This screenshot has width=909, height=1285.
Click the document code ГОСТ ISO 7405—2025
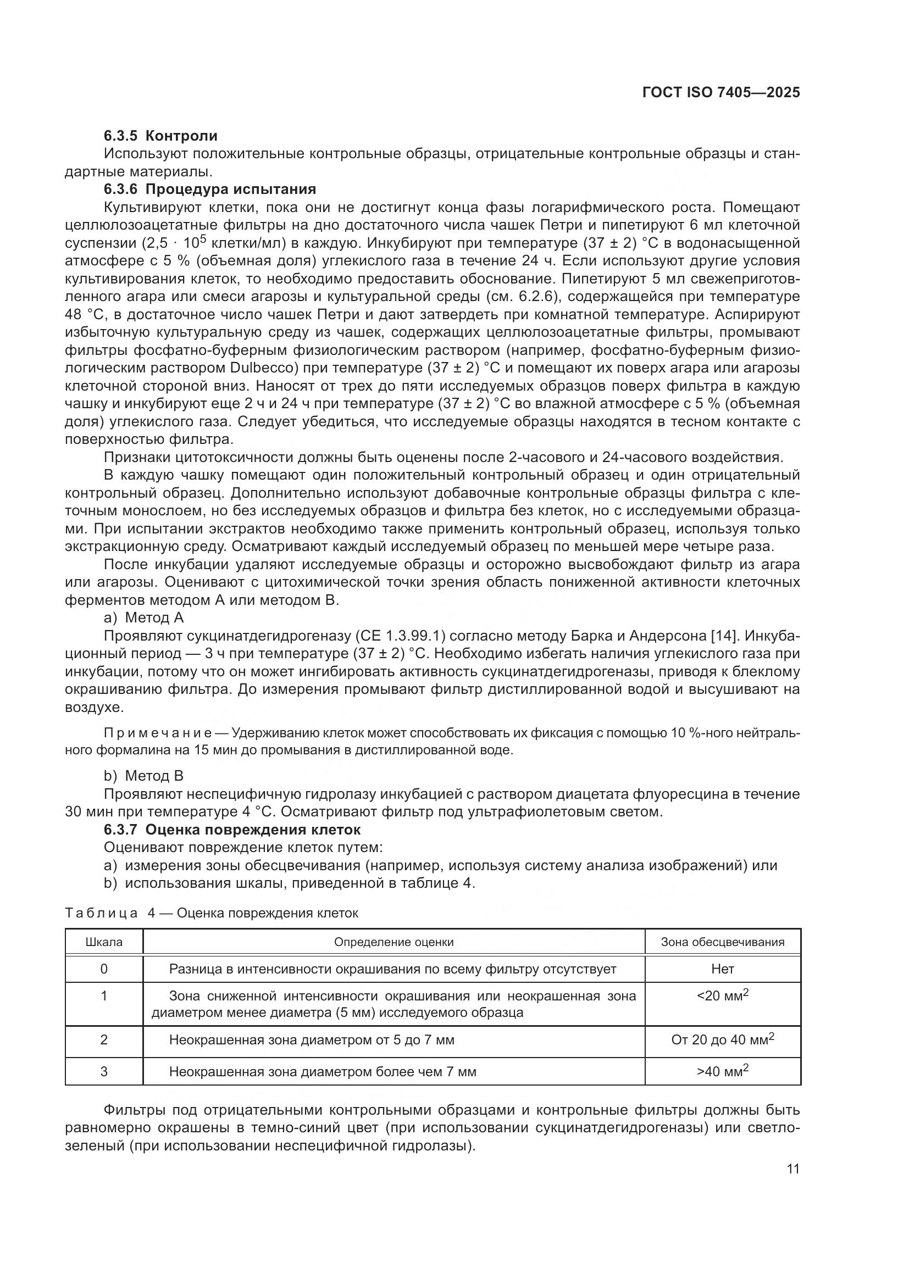(721, 92)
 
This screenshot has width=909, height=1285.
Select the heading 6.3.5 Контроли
(160, 136)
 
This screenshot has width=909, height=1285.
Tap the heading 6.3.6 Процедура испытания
(210, 188)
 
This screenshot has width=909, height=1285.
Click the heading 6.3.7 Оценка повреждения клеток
(232, 830)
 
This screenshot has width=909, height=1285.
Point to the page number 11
(792, 1169)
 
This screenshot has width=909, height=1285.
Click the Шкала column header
(104, 942)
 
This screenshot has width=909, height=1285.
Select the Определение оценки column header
(393, 942)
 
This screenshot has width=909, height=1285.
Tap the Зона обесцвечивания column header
(722, 942)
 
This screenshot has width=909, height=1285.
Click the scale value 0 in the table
(104, 969)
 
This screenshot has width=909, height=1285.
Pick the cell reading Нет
(722, 969)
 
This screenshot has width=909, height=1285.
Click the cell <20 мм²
(722, 996)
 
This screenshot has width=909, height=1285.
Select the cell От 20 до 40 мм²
(722, 1040)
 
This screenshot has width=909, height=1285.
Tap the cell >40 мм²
(722, 1071)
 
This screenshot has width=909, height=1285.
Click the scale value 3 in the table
(104, 1071)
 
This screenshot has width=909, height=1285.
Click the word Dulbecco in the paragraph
(260, 368)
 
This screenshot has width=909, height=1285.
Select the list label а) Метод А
(143, 618)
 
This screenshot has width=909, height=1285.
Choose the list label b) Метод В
(143, 776)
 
